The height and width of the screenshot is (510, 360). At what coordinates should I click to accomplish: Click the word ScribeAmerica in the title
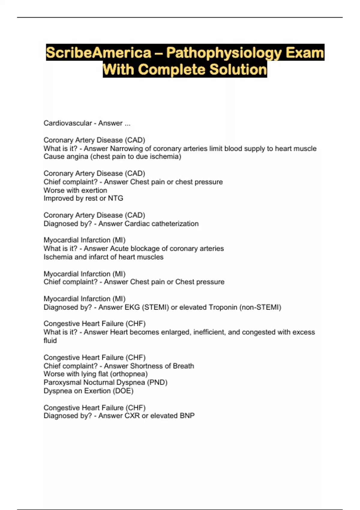pyautogui.click(x=99, y=53)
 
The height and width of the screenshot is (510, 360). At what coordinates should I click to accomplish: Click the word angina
pyautogui.click(x=77, y=157)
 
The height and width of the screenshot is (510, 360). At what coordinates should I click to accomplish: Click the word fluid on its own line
pyautogui.click(x=50, y=340)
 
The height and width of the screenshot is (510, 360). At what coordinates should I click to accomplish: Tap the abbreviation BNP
pyautogui.click(x=187, y=416)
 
